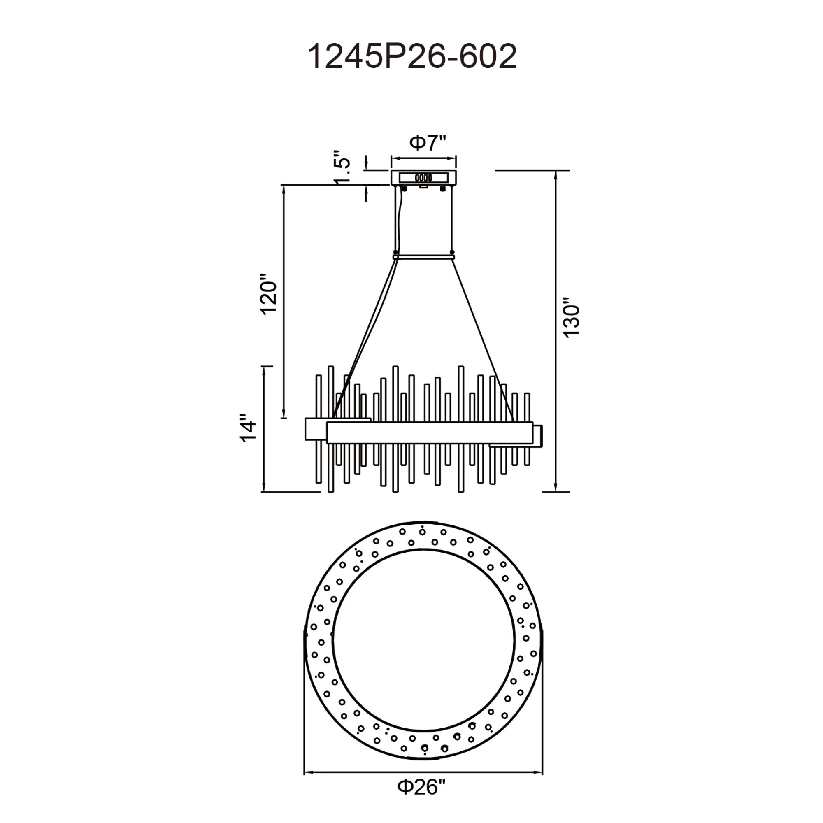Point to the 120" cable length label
tap(269, 294)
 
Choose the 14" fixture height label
tap(249, 428)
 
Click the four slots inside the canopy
tap(423, 178)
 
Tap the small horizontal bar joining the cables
tap(424, 256)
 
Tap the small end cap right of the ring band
tap(538, 435)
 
